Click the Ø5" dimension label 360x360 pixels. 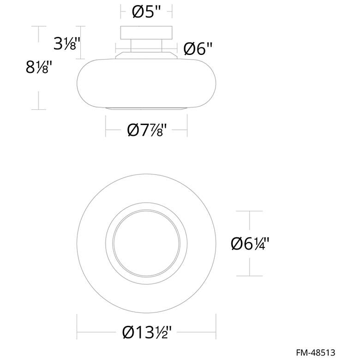click(x=146, y=11)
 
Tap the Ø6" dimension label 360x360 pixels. click(x=198, y=48)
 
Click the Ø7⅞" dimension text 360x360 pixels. click(x=146, y=131)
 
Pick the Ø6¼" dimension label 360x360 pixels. click(x=250, y=243)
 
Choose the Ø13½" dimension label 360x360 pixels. click(x=146, y=332)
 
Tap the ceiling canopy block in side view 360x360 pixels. click(x=146, y=33)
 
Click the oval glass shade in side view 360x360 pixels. click(x=146, y=83)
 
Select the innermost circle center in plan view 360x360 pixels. click(x=146, y=243)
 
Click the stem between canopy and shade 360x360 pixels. click(x=146, y=46)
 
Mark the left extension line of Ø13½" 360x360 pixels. click(x=77, y=325)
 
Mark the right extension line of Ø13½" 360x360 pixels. click(x=216, y=325)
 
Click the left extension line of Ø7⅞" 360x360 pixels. click(x=106, y=126)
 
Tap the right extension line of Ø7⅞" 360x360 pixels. click(x=187, y=126)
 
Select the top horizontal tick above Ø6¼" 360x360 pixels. click(x=250, y=211)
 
